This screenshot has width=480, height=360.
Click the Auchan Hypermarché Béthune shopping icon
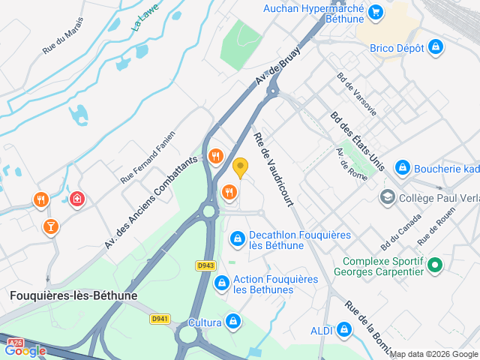click(376, 11)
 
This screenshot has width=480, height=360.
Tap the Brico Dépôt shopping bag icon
click(435, 48)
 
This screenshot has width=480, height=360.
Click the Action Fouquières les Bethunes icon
click(221, 283)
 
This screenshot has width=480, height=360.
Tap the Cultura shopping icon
click(233, 322)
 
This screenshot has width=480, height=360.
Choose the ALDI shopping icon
click(344, 329)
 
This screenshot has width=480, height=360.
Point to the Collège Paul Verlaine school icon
click(387, 197)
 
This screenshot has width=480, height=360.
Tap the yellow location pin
click(240, 167)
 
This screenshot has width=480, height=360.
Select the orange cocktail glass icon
click(50, 225)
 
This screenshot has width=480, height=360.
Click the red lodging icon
click(76, 199)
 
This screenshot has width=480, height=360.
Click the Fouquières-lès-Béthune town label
click(73, 295)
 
